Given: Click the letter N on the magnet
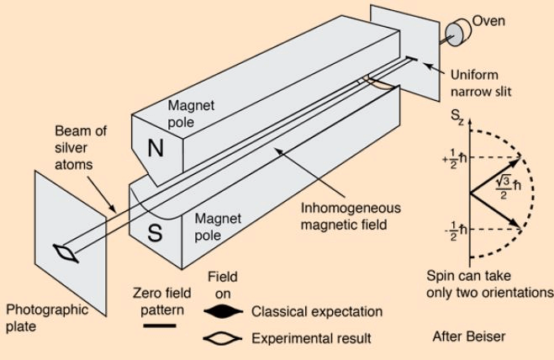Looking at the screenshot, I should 156,148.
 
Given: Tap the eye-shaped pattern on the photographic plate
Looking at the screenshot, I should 66,252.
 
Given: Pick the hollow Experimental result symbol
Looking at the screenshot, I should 224,340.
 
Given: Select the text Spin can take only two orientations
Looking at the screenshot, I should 485,284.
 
